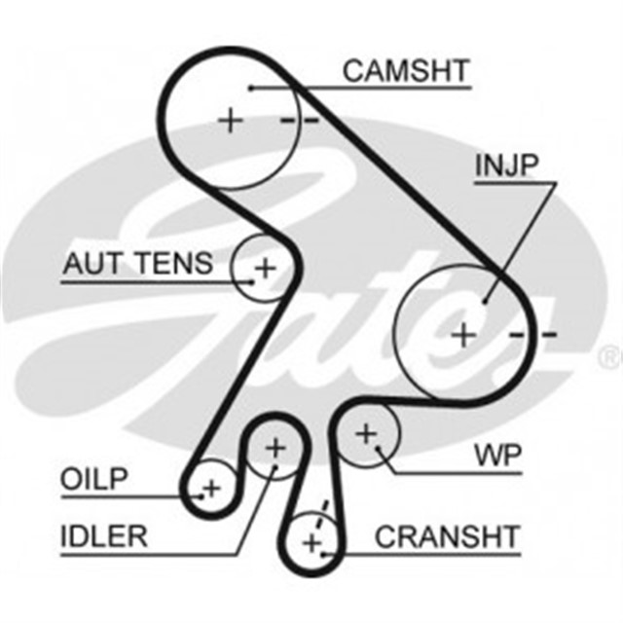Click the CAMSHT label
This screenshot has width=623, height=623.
[x=406, y=70]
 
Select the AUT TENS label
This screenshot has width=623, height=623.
[x=136, y=263]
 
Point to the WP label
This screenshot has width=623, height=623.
[x=498, y=454]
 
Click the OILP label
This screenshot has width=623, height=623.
[x=94, y=479]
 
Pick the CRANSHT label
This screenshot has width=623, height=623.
[x=447, y=535]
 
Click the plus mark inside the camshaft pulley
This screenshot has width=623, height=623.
[x=231, y=121]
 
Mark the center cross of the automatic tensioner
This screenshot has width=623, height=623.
[x=265, y=267]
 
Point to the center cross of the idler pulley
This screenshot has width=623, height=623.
[x=275, y=448]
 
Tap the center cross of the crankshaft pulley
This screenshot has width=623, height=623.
[x=311, y=541]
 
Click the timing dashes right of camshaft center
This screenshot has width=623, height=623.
[x=299, y=121]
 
